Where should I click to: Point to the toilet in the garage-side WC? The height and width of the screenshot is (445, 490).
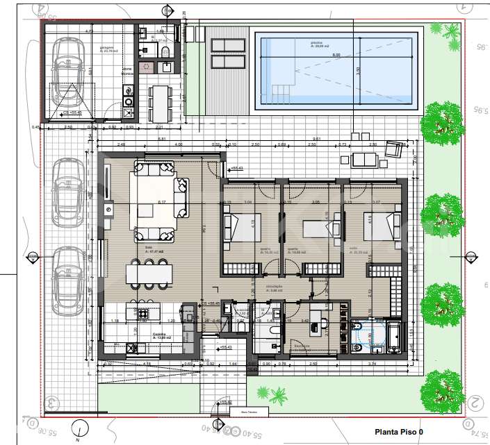coord(165,53)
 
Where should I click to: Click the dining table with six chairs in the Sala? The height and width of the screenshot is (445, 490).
coord(148,273)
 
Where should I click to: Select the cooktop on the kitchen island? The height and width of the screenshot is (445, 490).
coord(143,314)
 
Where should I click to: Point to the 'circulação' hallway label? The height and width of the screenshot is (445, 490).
coord(275,285)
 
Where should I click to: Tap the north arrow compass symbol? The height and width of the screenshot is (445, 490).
coord(81,429)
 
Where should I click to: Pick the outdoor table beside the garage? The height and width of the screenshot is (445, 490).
coord(161,101)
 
